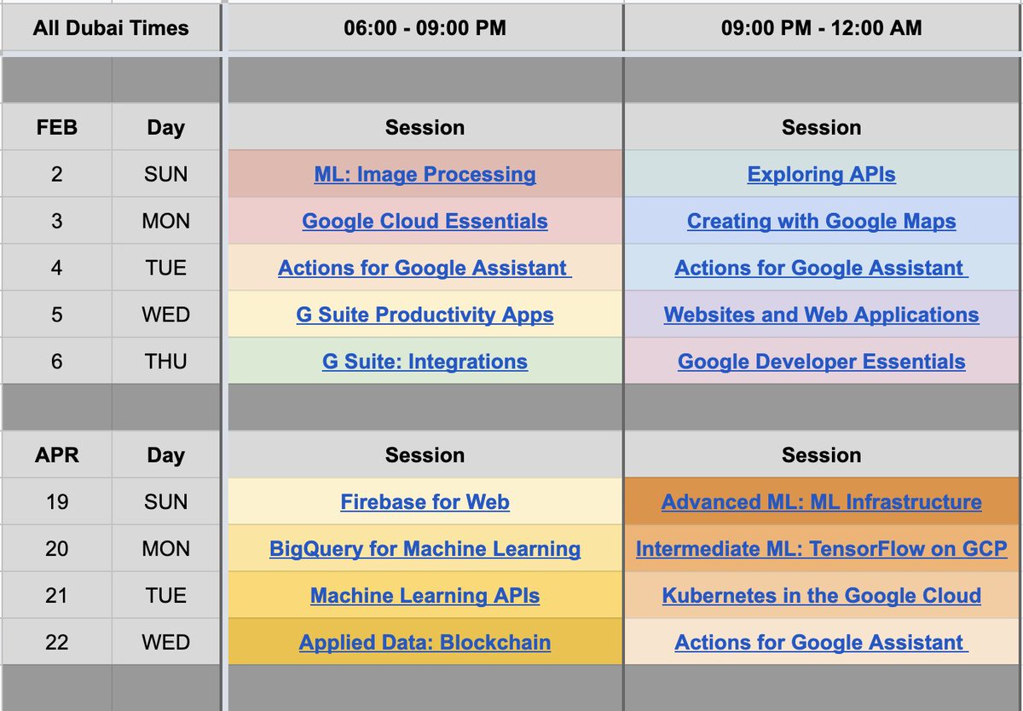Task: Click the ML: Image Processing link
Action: pos(425,175)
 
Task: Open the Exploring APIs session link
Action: pos(821,175)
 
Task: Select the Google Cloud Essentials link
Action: pos(425,222)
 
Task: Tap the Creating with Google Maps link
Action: pos(821,222)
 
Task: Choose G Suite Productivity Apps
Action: pos(425,315)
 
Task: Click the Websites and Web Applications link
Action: pos(821,315)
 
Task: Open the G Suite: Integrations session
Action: pos(425,361)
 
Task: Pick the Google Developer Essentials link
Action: pos(821,361)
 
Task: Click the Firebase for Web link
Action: pos(425,502)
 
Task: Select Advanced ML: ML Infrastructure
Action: pos(821,502)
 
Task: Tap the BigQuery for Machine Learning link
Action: pos(425,549)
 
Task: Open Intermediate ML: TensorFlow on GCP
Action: pos(821,549)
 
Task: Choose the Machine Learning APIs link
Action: pos(425,596)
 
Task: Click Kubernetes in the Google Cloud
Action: pos(821,596)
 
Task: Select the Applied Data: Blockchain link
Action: pos(425,642)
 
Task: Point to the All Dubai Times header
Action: pos(111,28)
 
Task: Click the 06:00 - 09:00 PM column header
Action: pos(425,28)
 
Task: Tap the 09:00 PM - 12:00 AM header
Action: pos(821,28)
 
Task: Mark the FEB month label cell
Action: pos(56,128)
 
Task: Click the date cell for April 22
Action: pos(56,642)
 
